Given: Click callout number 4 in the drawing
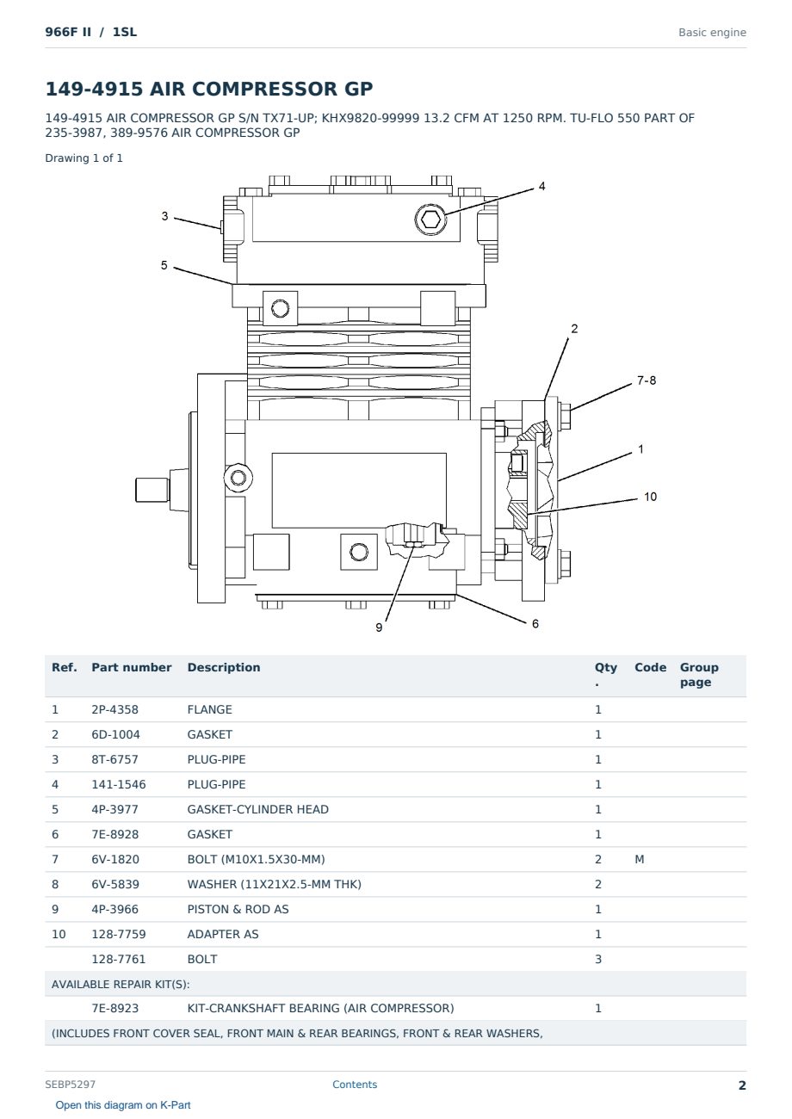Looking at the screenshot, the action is (541, 186).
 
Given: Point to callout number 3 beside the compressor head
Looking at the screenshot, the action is (164, 216).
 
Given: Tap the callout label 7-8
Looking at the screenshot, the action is (647, 380).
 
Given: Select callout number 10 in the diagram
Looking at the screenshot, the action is (650, 497).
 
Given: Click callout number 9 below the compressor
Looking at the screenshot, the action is (379, 628).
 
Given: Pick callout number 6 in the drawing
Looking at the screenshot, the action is (535, 623).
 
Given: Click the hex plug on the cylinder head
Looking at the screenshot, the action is (430, 219).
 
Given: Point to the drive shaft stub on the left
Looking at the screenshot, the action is (152, 489).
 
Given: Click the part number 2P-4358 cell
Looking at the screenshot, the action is (115, 709).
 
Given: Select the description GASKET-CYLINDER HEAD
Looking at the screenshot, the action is (258, 809).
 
